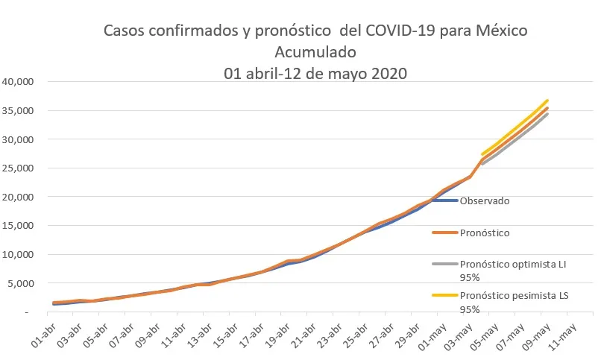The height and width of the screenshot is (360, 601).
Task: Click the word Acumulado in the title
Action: click(x=316, y=53)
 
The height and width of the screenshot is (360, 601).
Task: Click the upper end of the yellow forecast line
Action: click(x=547, y=101)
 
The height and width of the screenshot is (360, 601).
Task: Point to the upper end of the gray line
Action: click(x=547, y=114)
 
